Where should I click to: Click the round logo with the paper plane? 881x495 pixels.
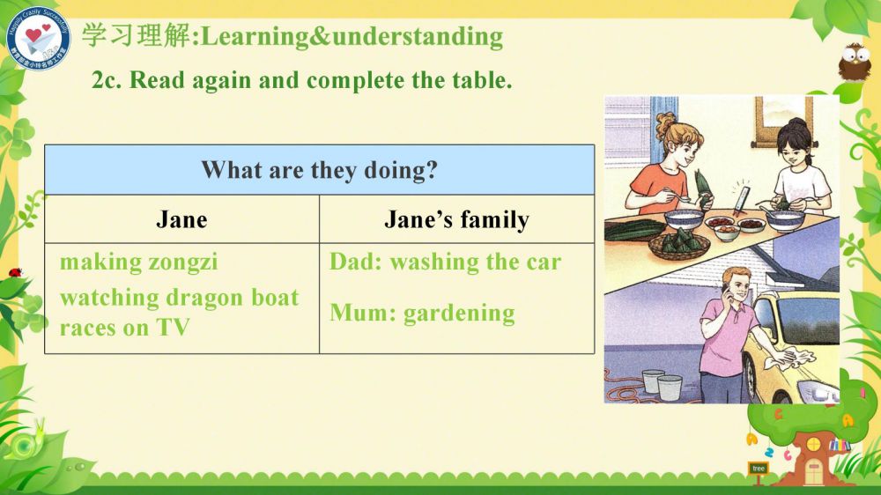tap(38, 39)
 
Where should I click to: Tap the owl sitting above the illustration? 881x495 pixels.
tap(854, 62)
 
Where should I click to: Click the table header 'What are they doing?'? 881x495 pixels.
tap(319, 170)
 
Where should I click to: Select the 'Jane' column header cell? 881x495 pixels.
tap(181, 219)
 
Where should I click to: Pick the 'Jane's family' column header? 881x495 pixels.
tap(456, 219)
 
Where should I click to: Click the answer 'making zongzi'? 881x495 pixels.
tap(139, 262)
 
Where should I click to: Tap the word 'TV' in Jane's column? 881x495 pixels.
tap(173, 328)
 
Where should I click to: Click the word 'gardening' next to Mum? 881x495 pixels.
tap(459, 314)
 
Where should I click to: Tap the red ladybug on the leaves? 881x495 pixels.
tap(15, 272)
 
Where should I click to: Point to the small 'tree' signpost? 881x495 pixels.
tap(759, 469)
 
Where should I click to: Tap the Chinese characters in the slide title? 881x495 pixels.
tap(137, 35)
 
